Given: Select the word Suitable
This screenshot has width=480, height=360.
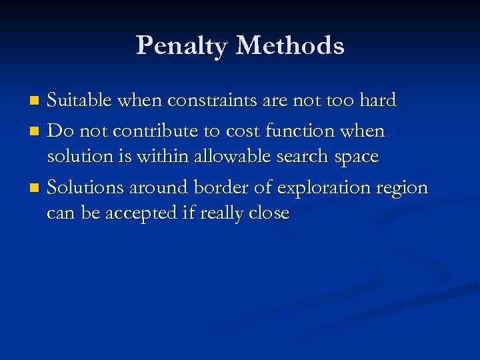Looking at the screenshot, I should (82, 101).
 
